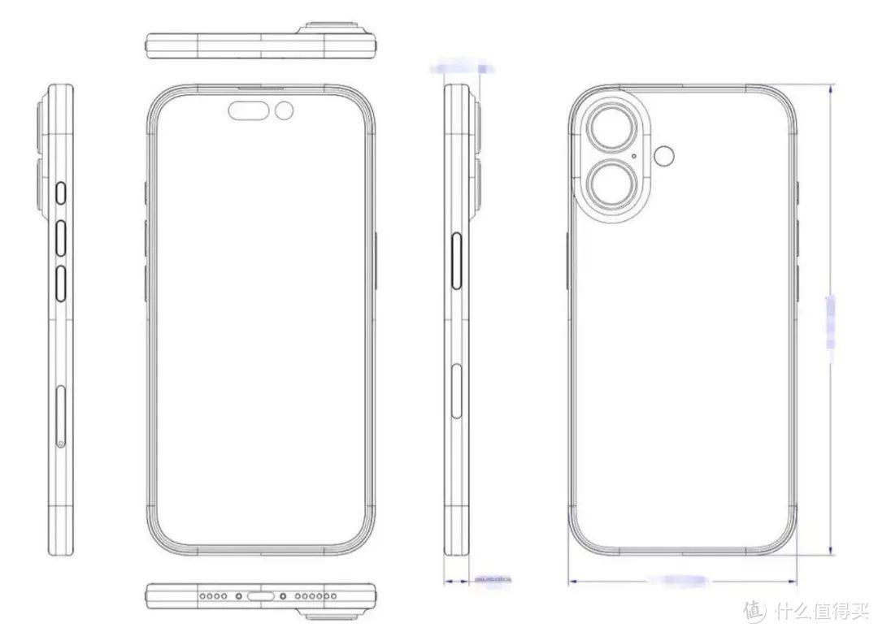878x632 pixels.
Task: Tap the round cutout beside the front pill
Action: click(x=285, y=110)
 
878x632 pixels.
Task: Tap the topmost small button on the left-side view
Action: click(x=62, y=194)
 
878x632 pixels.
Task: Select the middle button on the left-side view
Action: click(x=62, y=237)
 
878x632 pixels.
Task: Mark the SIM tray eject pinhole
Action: click(x=62, y=443)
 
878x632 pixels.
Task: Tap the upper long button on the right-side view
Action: click(x=456, y=261)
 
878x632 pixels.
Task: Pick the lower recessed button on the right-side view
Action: click(x=456, y=387)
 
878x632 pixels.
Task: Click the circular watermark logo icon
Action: click(x=755, y=609)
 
